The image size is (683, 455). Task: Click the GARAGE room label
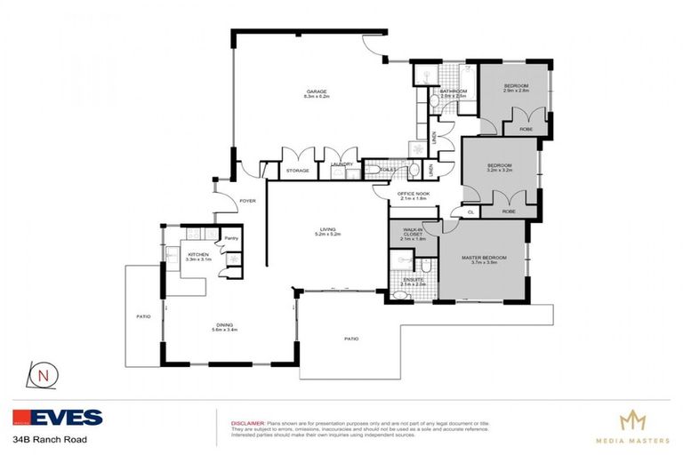coord(318,92)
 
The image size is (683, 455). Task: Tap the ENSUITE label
coord(414,281)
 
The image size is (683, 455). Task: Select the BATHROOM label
coord(454,92)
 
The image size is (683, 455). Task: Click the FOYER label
coord(248,201)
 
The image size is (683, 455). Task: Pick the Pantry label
coord(230,238)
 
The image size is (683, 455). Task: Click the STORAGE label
coord(298,171)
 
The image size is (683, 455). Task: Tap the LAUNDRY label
coord(341,164)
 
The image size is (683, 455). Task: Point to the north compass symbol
coord(43,374)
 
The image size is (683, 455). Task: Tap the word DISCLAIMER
coord(247,424)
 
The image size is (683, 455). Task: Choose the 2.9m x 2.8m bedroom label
coord(516,88)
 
